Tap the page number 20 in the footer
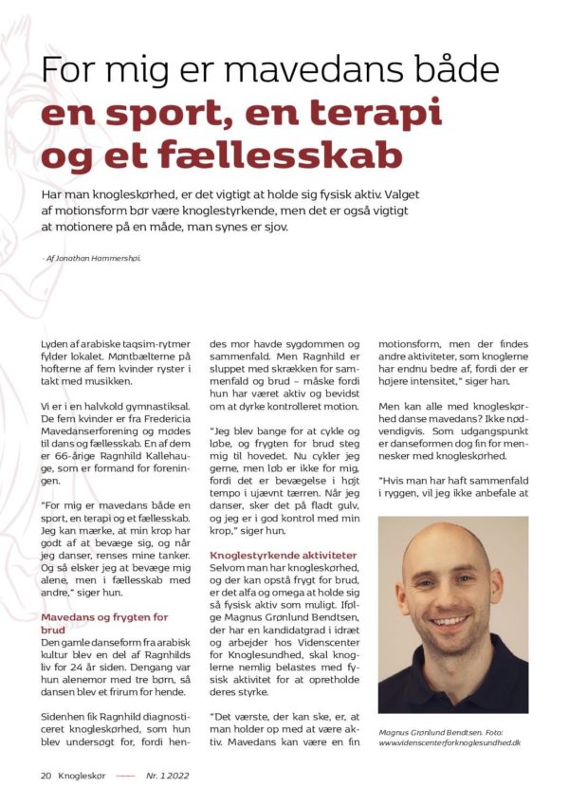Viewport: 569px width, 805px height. (x=46, y=775)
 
